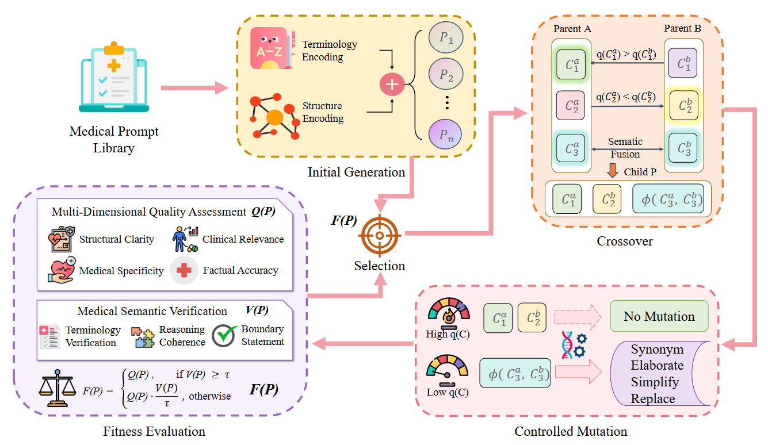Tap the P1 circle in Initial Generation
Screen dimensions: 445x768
(446, 39)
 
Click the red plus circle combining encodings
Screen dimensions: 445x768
(391, 85)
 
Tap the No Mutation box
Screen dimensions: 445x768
(659, 316)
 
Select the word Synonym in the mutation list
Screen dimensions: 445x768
(657, 350)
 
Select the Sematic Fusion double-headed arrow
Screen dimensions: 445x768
(625, 149)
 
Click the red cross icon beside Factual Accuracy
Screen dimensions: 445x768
(184, 270)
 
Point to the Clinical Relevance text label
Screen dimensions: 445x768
(243, 239)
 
